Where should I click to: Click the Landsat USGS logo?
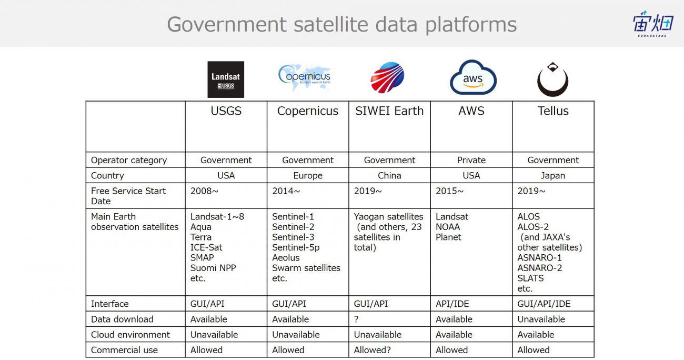(226, 79)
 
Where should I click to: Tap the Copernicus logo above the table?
(305, 77)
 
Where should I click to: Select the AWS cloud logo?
(473, 77)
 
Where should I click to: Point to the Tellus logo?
(552, 79)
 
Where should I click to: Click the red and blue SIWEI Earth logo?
(387, 77)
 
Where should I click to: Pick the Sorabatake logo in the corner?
(652, 24)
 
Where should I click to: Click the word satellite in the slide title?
(331, 24)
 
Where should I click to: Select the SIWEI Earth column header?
(389, 111)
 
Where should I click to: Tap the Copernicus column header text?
(307, 111)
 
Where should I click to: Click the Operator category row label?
(129, 161)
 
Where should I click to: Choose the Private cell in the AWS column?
(471, 160)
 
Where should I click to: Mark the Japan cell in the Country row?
(552, 176)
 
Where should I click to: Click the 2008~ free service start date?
(204, 191)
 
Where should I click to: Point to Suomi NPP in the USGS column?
(213, 268)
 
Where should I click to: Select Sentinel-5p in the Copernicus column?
(296, 247)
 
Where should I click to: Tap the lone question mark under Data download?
(356, 319)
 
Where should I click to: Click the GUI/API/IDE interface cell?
(544, 304)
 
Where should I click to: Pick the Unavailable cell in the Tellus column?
(541, 319)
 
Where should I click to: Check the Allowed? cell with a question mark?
(372, 350)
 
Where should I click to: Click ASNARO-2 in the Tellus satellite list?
(539, 268)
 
